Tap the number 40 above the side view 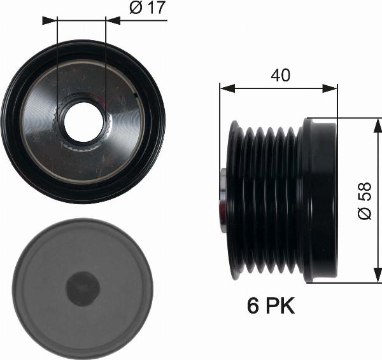pyautogui.click(x=280, y=75)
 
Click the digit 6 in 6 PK pyautogui.click(x=253, y=307)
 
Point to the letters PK pyautogui.click(x=281, y=307)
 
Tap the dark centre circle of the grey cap pyautogui.click(x=83, y=289)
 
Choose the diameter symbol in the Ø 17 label pyautogui.click(x=134, y=8)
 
